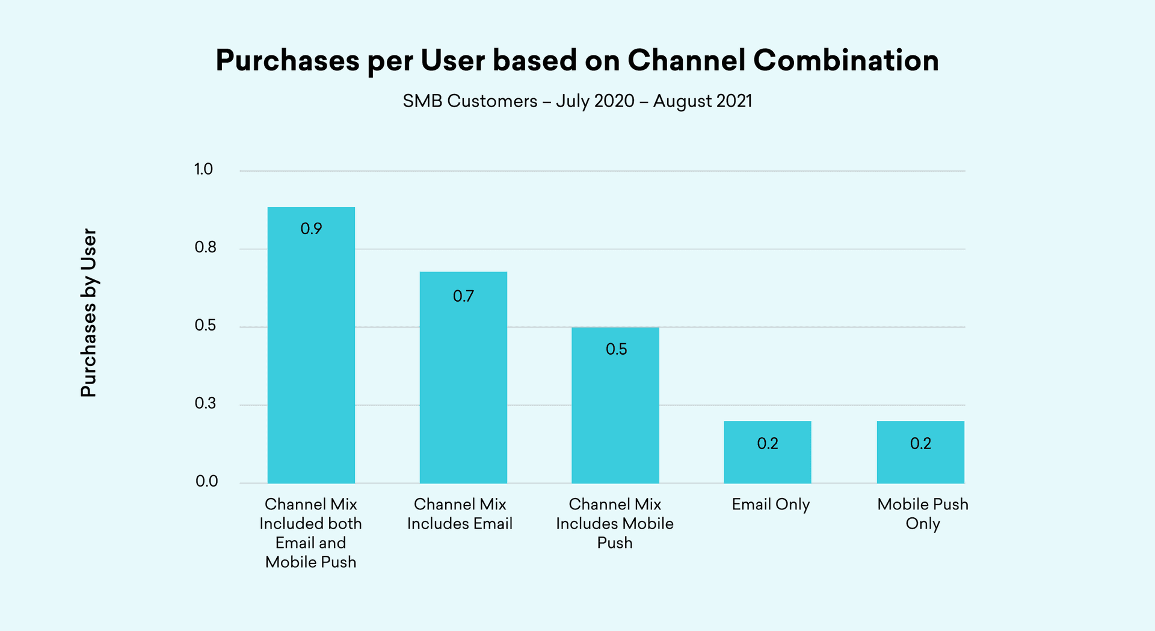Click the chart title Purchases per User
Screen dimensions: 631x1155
(576, 61)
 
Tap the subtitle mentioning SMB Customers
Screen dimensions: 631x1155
(577, 101)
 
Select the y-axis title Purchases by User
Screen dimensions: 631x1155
(88, 312)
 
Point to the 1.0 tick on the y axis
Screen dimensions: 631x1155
(203, 169)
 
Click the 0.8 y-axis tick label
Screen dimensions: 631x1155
(205, 247)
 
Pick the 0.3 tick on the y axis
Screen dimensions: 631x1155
(205, 403)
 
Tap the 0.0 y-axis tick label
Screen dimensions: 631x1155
(206, 482)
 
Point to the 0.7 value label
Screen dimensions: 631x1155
(463, 296)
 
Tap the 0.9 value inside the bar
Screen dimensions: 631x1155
(311, 229)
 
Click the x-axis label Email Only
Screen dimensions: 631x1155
(771, 505)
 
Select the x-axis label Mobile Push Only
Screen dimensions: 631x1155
(923, 514)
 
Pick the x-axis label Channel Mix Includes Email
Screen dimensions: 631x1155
(460, 514)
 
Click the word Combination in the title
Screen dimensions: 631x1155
(846, 61)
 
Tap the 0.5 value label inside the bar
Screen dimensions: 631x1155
(616, 349)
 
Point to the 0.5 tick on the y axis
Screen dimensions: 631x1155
(205, 326)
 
